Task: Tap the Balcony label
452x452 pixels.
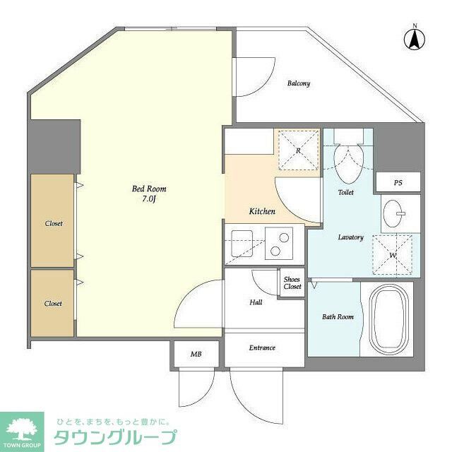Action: pyautogui.click(x=298, y=83)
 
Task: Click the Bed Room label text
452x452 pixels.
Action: pyautogui.click(x=149, y=189)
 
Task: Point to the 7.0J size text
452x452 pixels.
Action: pyautogui.click(x=149, y=200)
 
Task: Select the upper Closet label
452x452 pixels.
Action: pyautogui.click(x=53, y=223)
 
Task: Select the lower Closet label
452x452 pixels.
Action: pyautogui.click(x=53, y=303)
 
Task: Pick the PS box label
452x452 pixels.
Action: pyautogui.click(x=398, y=183)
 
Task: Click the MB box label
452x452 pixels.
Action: pyautogui.click(x=196, y=354)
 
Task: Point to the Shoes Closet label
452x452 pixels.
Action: pyautogui.click(x=292, y=282)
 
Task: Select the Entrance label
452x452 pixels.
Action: pyautogui.click(x=262, y=347)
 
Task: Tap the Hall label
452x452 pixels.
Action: pyautogui.click(x=256, y=302)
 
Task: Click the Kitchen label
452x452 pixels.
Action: pyautogui.click(x=262, y=211)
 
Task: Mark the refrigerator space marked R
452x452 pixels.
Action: pyautogui.click(x=298, y=150)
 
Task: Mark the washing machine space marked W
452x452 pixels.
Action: pyautogui.click(x=392, y=254)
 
